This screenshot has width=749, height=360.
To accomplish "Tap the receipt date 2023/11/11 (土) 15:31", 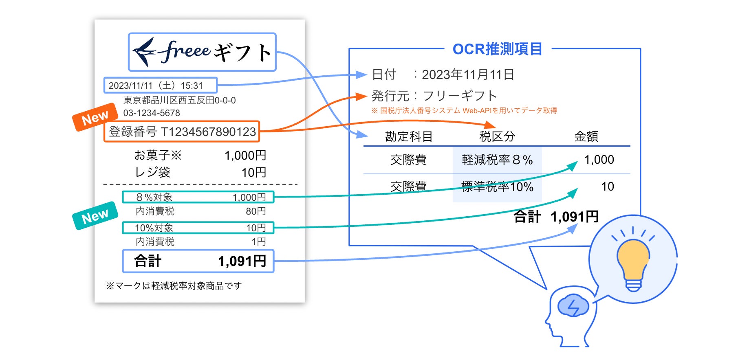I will pos(156,86).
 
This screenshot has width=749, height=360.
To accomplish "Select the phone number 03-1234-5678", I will pos(152,113).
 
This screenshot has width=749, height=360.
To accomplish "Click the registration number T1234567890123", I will pos(208,132).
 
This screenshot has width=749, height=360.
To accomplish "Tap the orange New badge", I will pos(95,118).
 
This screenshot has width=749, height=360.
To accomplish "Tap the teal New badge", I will pos(95,216).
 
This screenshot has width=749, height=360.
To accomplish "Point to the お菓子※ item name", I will pos(158,155).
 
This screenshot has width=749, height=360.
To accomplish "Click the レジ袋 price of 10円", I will pos(253,173).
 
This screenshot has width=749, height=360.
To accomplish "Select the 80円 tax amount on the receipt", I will pos(256,211).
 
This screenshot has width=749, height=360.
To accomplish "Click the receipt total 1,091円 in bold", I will pos(242,261).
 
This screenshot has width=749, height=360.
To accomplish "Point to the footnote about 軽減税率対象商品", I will pos(174,286).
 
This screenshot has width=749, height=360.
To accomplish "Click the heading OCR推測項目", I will pos(497,49).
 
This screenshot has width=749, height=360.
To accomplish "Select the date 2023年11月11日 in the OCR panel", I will pos(468,75).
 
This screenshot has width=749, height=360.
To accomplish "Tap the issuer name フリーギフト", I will pos(460,96).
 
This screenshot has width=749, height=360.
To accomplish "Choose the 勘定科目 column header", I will pos(408,136).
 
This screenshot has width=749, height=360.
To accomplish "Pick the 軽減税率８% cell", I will pos(497,160).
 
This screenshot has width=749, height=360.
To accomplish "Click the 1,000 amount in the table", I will pos(599,160).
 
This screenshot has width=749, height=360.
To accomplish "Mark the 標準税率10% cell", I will pos(497,187).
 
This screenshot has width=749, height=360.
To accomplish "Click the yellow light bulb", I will pos(633,261).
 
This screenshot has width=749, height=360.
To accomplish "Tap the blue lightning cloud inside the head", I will pos(573,306).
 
